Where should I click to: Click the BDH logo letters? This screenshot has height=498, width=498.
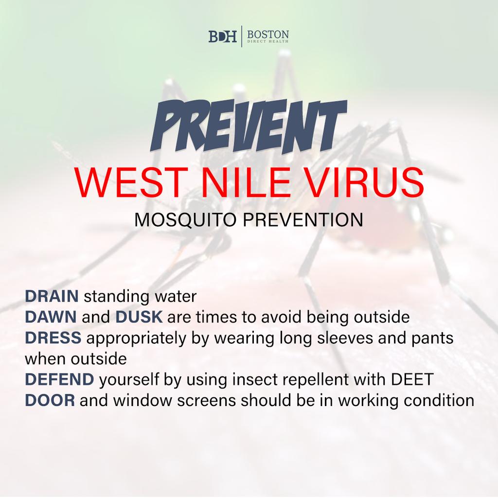223,36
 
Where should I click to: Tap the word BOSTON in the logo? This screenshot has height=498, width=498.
268,35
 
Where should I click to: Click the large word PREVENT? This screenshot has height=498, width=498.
248,126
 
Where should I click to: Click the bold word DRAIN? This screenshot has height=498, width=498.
52,296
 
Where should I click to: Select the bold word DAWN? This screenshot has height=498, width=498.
51,317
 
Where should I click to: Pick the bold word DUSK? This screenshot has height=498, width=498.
139,317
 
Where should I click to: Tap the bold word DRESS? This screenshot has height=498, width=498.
53,338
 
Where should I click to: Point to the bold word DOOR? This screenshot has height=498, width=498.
50,401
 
